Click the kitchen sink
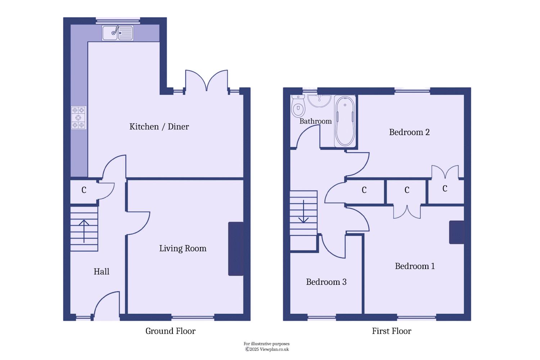[117, 33]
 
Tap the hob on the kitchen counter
[78, 118]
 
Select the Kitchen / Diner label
[159, 127]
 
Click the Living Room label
[183, 249]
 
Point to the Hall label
[102, 271]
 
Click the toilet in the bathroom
[298, 106]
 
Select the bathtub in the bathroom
[345, 121]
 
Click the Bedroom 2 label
[409, 132]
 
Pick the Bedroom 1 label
[415, 266]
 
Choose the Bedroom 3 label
[326, 282]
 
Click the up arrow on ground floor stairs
[84, 231]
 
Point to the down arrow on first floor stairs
[303, 211]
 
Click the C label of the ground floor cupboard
[84, 190]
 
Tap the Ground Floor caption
[170, 331]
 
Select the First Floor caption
[392, 331]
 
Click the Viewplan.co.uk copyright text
[267, 350]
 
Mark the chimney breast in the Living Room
[236, 249]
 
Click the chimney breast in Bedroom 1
[456, 232]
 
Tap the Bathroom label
[316, 121]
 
